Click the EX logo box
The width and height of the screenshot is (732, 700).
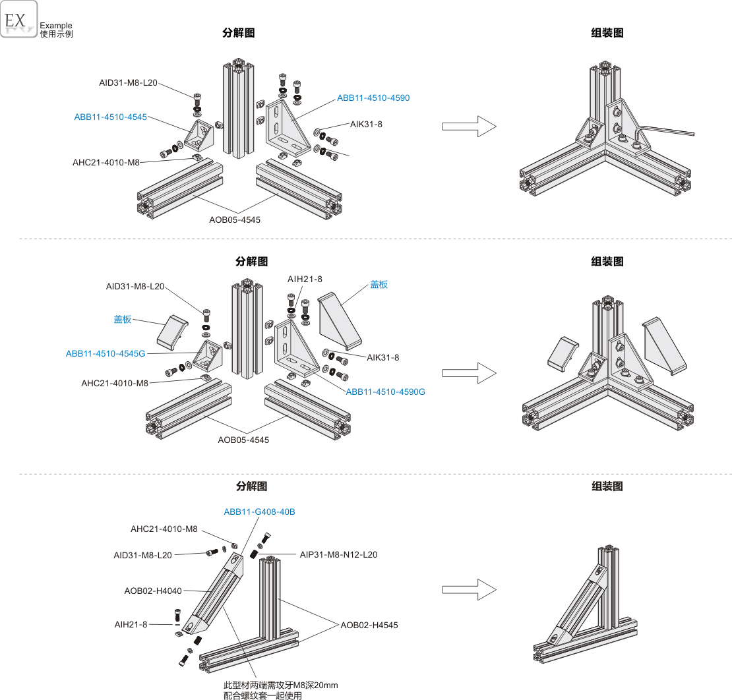pos(18,19)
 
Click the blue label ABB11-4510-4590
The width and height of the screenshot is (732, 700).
pos(373,98)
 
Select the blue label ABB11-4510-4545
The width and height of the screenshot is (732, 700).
pos(111,117)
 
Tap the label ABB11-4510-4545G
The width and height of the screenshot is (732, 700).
pos(106,354)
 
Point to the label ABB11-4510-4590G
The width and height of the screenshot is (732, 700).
pos(386,392)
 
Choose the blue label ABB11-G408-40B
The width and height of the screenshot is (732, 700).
pos(260,512)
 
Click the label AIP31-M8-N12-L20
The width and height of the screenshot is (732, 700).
pos(338,555)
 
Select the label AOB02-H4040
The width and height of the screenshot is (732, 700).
pos(153,591)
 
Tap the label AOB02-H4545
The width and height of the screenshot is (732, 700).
pos(369,626)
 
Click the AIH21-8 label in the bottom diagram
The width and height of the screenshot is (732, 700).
pos(131,624)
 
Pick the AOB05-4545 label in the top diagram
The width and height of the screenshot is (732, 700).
pos(235,219)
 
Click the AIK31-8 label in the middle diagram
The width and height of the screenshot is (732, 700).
pos(382,358)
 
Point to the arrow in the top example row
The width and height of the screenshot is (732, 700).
pos(469,127)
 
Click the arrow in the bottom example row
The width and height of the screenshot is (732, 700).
pos(469,590)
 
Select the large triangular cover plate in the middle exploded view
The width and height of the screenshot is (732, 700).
pos(340,321)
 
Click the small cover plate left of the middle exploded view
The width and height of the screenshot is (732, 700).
pos(172,332)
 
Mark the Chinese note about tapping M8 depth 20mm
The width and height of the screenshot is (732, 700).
pos(280,691)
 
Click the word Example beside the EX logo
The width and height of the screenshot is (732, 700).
pos(56,26)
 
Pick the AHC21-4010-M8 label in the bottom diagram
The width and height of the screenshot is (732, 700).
pos(164,529)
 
